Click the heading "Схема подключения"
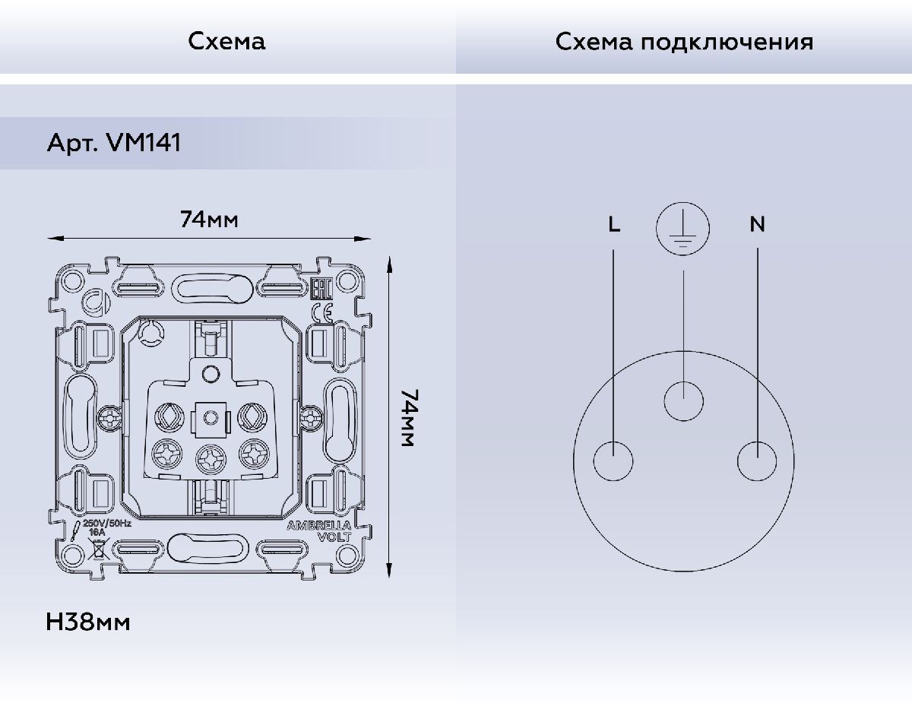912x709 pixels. click(683, 41)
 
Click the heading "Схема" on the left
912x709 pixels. click(227, 41)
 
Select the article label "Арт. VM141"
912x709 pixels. click(114, 143)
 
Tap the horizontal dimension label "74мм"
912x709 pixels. click(209, 220)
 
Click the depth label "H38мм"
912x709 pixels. click(88, 622)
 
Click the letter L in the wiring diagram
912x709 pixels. click(614, 224)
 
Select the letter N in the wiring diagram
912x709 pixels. click(757, 224)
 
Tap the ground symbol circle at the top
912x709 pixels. click(683, 228)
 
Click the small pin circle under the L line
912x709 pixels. click(613, 461)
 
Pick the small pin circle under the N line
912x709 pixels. click(758, 461)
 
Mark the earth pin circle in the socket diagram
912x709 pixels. click(684, 400)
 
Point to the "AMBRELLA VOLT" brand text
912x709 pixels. click(328, 530)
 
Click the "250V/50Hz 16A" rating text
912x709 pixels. click(107, 529)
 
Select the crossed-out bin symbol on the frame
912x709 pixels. click(97, 549)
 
